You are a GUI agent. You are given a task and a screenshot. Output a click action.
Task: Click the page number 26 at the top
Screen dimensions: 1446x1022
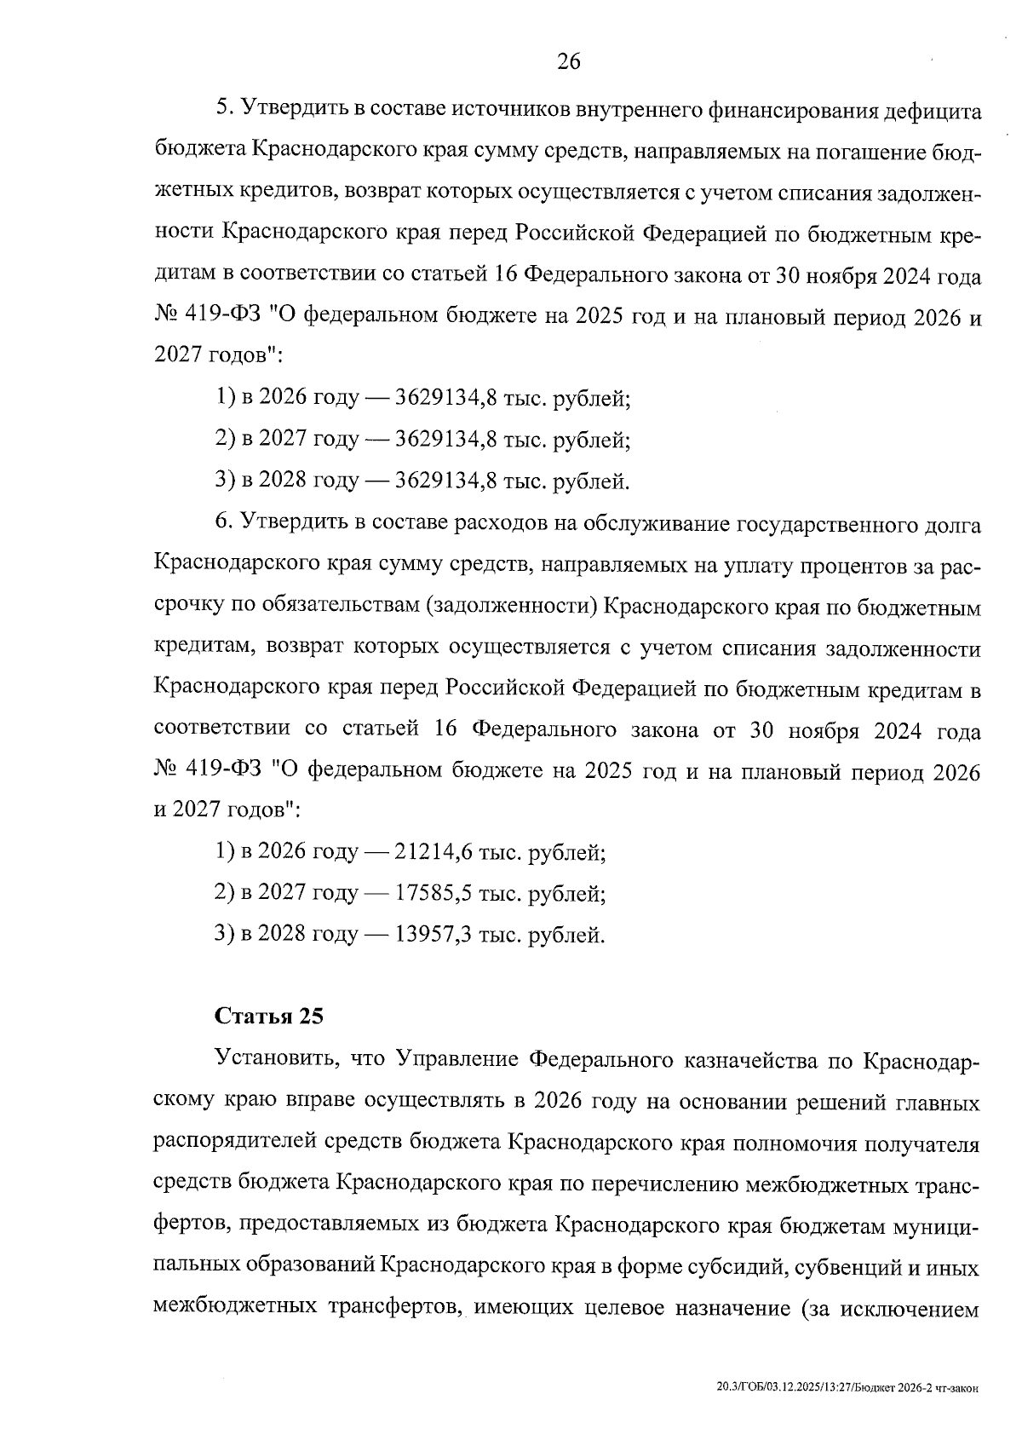coord(568,61)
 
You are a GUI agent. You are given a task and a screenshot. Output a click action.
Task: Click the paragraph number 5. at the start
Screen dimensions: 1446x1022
coord(224,109)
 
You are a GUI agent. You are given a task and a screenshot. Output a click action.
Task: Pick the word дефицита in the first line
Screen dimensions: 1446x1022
coord(933,109)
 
